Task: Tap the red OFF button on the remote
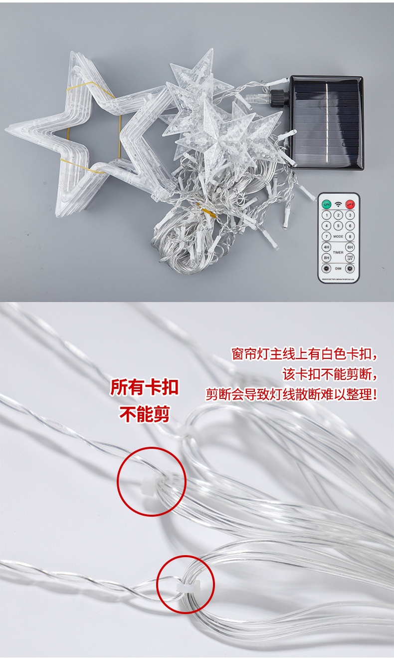[x=350, y=204]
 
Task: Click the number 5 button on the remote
[x=338, y=226]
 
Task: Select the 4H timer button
[x=326, y=247]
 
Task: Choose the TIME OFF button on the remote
[x=350, y=258]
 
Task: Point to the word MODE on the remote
[x=338, y=237]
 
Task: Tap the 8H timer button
[x=326, y=258]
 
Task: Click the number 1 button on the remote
[x=326, y=215]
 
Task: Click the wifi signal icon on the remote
[x=338, y=204]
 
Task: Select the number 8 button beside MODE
[x=350, y=237]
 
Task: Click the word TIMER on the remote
[x=338, y=253]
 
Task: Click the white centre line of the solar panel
[x=327, y=122]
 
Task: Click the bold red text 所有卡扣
[x=144, y=387]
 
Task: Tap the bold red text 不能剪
[x=144, y=413]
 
